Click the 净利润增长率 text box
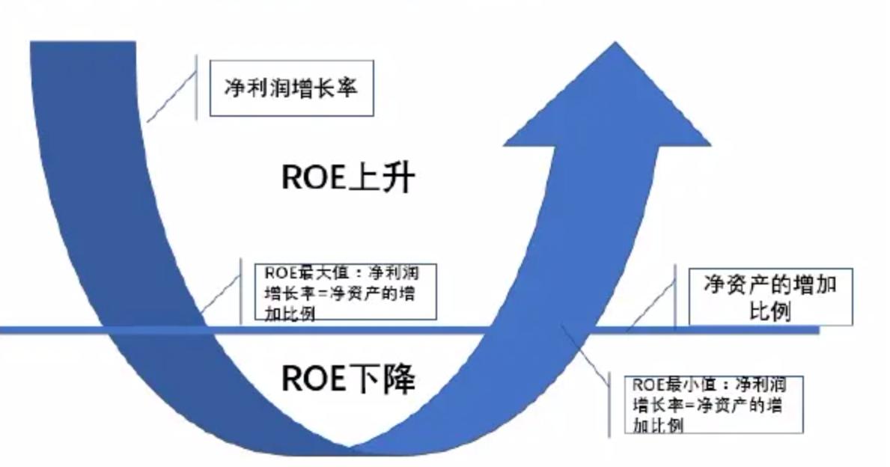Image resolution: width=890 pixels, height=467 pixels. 291,88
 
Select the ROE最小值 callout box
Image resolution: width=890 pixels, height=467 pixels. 713,404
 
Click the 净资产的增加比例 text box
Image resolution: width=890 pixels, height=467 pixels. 769,297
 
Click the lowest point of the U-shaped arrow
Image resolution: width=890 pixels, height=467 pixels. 348,449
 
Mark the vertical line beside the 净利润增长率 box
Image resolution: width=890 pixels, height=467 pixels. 196,86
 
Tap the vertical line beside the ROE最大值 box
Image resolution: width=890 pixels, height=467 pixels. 241,292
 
